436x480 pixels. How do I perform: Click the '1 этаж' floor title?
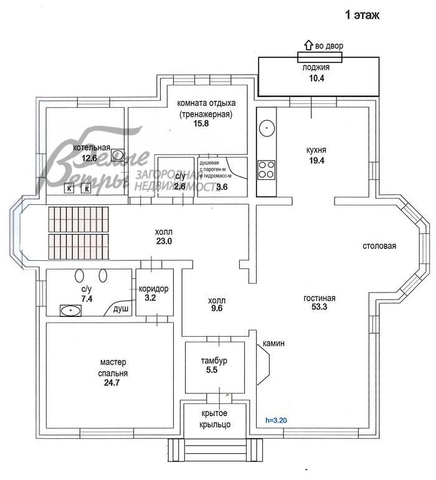(x=361, y=15)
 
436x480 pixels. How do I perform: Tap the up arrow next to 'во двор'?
(x=308, y=45)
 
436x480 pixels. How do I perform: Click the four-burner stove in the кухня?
(x=267, y=169)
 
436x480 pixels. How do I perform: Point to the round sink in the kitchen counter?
(x=267, y=127)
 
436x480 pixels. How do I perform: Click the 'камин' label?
(x=274, y=343)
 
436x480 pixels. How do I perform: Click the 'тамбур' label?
(x=214, y=360)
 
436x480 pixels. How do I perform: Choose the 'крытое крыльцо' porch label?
(x=216, y=419)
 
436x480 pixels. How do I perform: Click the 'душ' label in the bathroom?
(x=120, y=308)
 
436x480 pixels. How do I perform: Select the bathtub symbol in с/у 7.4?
(x=70, y=309)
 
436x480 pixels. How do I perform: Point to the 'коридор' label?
(x=153, y=289)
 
